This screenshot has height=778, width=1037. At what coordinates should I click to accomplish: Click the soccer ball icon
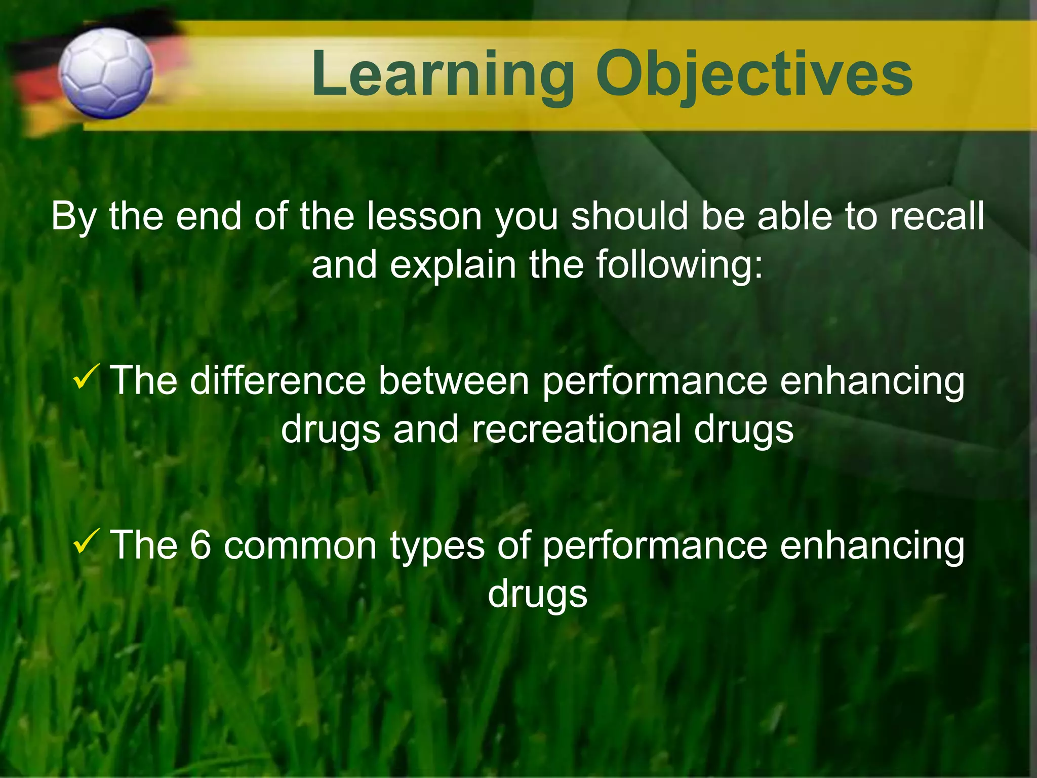tap(105, 74)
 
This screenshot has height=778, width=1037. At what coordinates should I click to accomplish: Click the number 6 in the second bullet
tap(201, 545)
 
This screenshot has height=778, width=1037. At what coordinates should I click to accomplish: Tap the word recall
tap(937, 217)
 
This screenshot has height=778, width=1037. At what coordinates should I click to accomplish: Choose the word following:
tap(679, 265)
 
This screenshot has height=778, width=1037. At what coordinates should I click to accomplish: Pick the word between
tap(454, 381)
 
